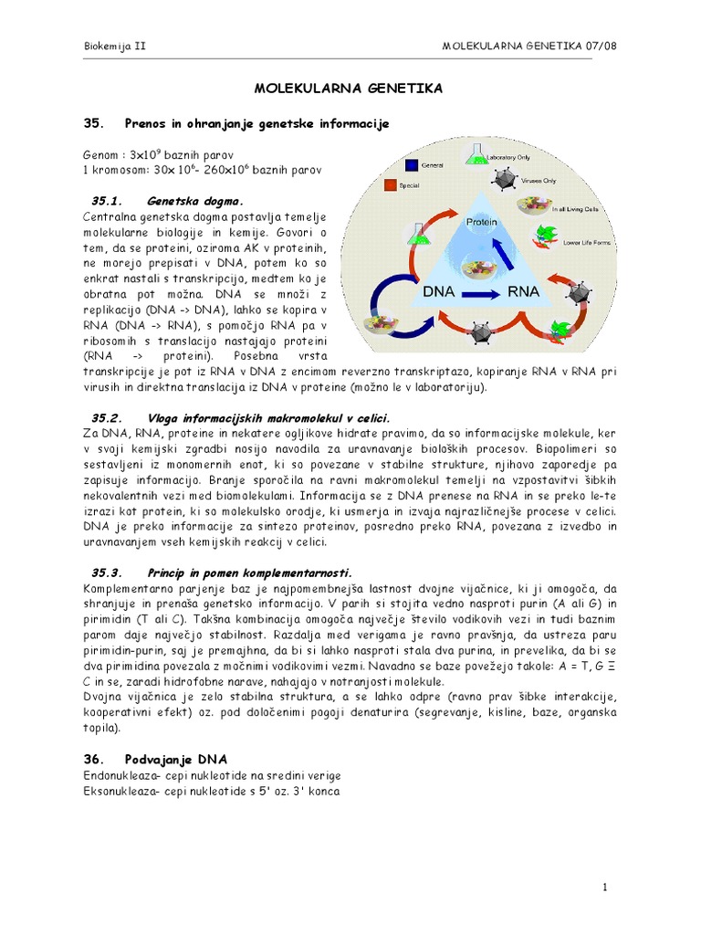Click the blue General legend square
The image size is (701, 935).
point(411,165)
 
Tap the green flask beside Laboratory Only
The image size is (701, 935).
point(476,156)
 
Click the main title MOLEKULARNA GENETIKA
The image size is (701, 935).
point(348,89)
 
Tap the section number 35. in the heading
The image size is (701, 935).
point(94,123)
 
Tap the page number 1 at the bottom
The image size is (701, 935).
point(604,887)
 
